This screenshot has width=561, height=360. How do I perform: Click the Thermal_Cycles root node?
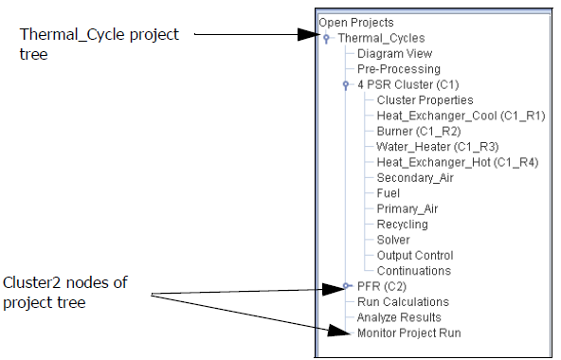[381, 38]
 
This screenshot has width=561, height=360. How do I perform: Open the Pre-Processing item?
[398, 69]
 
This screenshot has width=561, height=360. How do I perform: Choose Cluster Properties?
[425, 99]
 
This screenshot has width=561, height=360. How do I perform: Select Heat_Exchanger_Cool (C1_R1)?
[461, 116]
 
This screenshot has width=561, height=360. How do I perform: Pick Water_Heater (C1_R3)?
[437, 147]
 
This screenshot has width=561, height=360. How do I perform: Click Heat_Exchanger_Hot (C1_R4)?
[457, 162]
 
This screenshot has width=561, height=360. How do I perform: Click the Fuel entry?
[389, 193]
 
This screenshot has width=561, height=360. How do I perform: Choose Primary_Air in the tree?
[407, 208]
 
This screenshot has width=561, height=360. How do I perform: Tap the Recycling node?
[402, 225]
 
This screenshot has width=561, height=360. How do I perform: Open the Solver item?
[393, 240]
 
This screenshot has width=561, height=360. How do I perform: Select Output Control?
[415, 256]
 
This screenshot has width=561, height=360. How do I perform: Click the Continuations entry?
[413, 271]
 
